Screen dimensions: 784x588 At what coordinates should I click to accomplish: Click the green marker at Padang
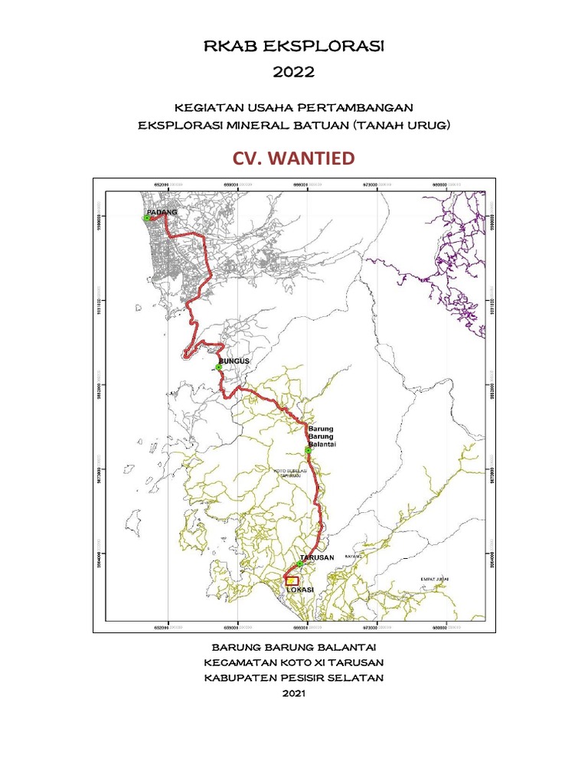(147, 218)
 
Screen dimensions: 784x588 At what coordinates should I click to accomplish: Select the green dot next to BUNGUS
(218, 367)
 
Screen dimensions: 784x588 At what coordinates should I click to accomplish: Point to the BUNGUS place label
(234, 360)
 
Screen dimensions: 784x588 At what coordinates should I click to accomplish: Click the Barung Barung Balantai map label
(322, 436)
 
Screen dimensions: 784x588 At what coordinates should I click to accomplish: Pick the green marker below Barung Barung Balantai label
(308, 450)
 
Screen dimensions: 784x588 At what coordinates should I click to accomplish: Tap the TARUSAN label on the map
(318, 558)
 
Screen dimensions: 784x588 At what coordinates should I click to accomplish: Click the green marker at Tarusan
(299, 565)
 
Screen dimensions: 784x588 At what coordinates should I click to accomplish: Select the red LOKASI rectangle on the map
(291, 581)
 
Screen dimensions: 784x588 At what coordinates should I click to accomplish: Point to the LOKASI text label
(301, 590)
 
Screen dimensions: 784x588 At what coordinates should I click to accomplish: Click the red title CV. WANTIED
(294, 158)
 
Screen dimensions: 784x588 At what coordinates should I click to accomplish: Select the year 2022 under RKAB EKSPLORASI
(294, 72)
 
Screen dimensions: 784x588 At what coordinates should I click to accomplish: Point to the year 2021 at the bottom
(294, 694)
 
